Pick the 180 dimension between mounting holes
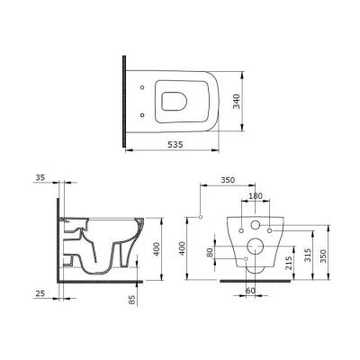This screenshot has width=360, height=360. coord(256,195)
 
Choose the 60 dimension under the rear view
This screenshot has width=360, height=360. coord(250,292)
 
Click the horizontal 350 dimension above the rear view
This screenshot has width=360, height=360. coord(235,180)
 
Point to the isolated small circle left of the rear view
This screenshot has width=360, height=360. coord(201,217)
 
